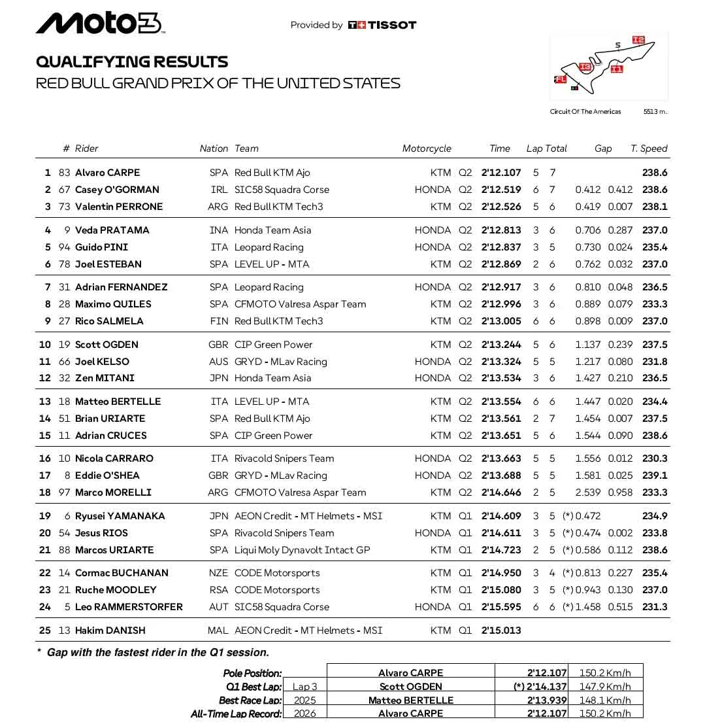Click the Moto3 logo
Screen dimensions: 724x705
click(x=99, y=24)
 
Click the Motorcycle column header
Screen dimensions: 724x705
click(x=427, y=148)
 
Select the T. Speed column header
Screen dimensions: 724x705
click(x=649, y=148)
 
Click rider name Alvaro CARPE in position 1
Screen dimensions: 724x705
click(x=107, y=173)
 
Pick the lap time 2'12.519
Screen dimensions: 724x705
click(x=501, y=190)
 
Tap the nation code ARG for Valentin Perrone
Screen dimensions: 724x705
click(x=218, y=207)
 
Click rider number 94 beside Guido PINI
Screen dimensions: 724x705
click(x=64, y=247)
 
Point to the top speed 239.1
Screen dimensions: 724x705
click(x=655, y=475)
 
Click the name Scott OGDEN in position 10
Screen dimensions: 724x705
click(x=107, y=345)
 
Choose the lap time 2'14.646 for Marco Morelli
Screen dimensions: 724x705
click(x=501, y=492)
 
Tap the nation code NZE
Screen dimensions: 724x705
click(x=218, y=573)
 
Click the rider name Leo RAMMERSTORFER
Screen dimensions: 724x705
click(x=129, y=607)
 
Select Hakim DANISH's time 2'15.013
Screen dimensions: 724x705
click(x=501, y=630)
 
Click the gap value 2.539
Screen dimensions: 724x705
click(x=587, y=492)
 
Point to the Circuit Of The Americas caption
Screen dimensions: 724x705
click(x=585, y=112)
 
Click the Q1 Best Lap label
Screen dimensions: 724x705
click(x=254, y=687)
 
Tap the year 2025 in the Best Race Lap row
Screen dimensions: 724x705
click(x=304, y=700)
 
